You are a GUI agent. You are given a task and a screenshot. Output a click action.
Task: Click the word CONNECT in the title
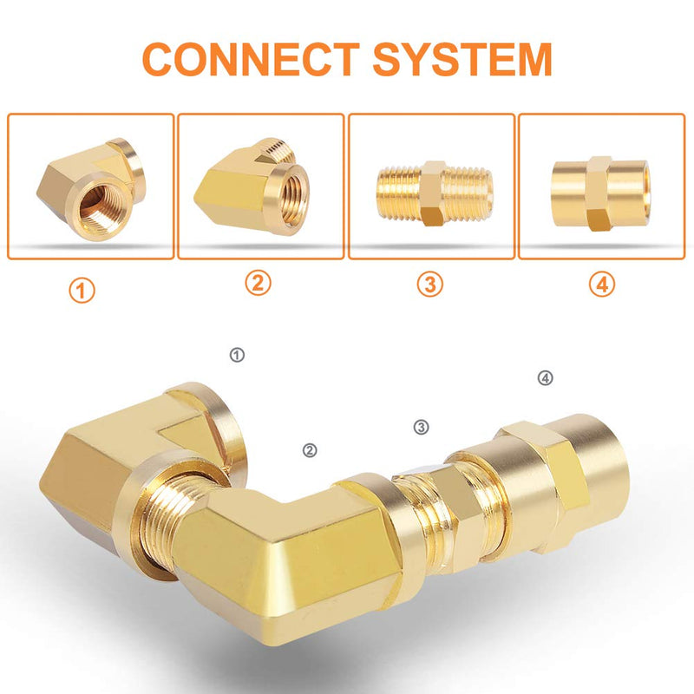click(251, 59)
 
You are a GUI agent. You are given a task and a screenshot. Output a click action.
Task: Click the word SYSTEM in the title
click(462, 59)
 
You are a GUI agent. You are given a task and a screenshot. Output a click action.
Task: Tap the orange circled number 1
click(82, 291)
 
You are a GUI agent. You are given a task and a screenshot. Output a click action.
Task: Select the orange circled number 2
click(258, 283)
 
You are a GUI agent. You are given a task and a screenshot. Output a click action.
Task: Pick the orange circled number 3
click(429, 284)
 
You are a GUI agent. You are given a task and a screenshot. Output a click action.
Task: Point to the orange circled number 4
click(602, 284)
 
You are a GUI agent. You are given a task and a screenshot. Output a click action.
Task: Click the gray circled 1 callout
click(237, 355)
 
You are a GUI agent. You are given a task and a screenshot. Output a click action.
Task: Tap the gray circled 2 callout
click(310, 450)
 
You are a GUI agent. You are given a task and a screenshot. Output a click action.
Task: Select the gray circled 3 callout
click(421, 427)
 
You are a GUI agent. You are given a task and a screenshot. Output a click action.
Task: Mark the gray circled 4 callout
click(546, 378)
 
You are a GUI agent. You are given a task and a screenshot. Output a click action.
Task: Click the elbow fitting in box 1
click(91, 189)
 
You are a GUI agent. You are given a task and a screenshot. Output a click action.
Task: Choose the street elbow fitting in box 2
click(252, 187)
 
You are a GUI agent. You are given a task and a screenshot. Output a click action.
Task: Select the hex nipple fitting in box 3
click(435, 193)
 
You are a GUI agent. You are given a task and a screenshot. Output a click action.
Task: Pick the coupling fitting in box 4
click(601, 193)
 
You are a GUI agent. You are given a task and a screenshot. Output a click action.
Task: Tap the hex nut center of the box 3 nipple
click(433, 193)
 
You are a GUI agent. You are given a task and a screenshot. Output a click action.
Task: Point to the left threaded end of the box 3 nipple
click(398, 193)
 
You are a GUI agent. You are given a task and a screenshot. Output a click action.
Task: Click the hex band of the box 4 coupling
click(599, 193)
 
